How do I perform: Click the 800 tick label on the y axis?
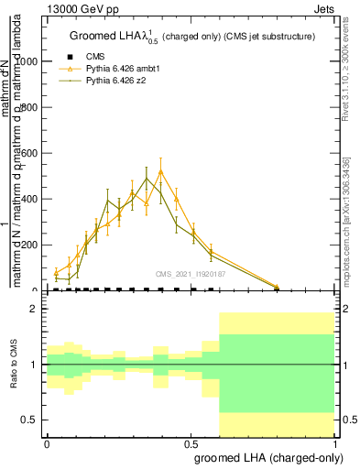tap(33, 107)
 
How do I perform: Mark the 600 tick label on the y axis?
tap(33, 153)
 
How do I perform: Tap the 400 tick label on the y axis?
tap(33, 199)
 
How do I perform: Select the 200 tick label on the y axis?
tap(33, 245)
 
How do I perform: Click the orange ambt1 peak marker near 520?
tap(161, 171)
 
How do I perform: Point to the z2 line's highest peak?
tap(147, 178)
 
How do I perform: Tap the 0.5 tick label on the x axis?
tap(191, 441)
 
